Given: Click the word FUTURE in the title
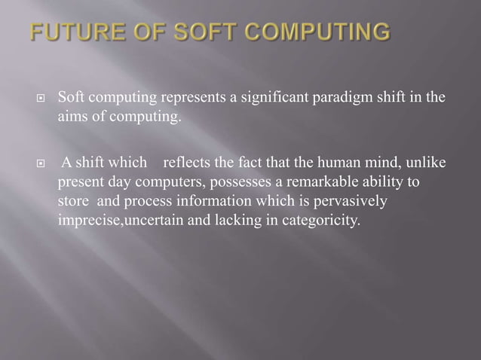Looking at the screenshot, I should pyautogui.click(x=72, y=33).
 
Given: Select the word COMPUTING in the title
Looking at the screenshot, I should pyautogui.click(x=316, y=33).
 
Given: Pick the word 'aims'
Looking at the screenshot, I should pyautogui.click(x=72, y=117).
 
